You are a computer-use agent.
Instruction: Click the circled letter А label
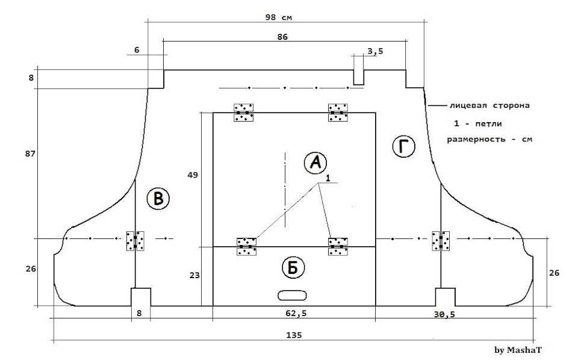pyautogui.click(x=315, y=163)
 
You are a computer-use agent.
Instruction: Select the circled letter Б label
pyautogui.click(x=293, y=268)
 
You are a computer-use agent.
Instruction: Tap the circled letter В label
pyautogui.click(x=158, y=199)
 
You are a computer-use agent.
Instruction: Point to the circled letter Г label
pyautogui.click(x=403, y=147)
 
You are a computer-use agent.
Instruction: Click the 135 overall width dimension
pyautogui.click(x=294, y=335)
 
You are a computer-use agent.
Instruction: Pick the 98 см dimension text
pyautogui.click(x=279, y=17)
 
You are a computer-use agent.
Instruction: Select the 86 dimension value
pyautogui.click(x=282, y=37)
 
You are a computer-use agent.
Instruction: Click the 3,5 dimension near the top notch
pyautogui.click(x=375, y=51)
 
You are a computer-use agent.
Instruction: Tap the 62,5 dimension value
pyautogui.click(x=296, y=313)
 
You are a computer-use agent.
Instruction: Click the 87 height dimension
pyautogui.click(x=30, y=154)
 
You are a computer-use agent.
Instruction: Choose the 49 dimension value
pyautogui.click(x=193, y=175)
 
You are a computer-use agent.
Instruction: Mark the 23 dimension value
pyautogui.click(x=194, y=275)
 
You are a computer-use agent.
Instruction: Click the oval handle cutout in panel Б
pyautogui.click(x=292, y=295)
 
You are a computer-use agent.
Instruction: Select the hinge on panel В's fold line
pyautogui.click(x=135, y=241)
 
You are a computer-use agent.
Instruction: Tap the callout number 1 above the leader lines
pyautogui.click(x=328, y=178)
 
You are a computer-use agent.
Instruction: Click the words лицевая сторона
pyautogui.click(x=489, y=105)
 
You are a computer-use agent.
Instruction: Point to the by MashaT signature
pyautogui.click(x=518, y=350)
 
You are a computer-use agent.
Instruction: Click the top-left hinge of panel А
pyautogui.click(x=244, y=113)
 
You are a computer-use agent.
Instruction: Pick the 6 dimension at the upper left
pyautogui.click(x=137, y=50)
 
